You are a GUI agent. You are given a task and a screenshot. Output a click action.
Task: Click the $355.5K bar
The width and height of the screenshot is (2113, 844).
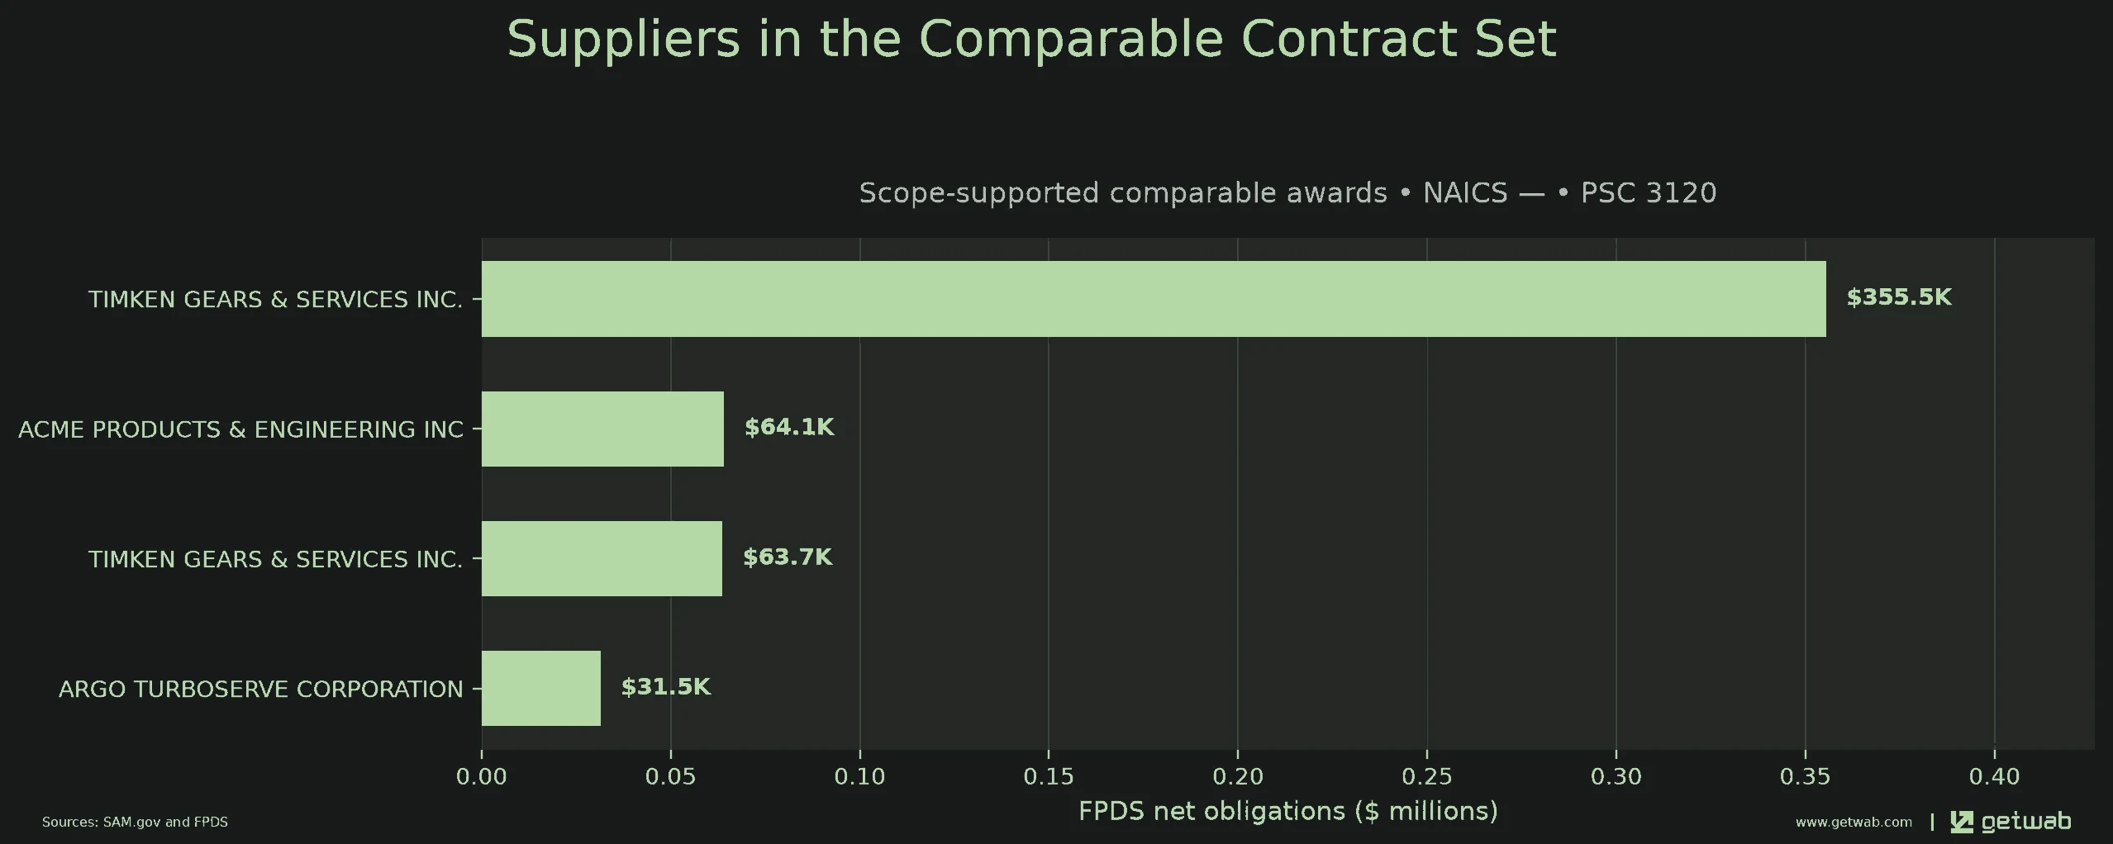pos(1154,299)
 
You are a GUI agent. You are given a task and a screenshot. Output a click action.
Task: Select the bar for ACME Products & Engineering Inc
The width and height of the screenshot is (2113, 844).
pos(602,429)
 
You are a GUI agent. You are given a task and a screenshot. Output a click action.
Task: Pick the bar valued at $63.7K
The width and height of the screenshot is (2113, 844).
pos(602,558)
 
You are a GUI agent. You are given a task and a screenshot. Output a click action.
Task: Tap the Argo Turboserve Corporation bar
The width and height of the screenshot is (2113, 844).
pos(541,688)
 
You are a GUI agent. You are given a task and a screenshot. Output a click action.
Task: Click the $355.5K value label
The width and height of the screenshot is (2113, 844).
pos(1899,297)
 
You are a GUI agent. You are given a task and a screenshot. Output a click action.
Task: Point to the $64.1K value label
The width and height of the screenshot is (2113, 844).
pos(789,427)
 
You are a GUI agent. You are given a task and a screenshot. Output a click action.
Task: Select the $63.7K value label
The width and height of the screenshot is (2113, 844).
pos(788,557)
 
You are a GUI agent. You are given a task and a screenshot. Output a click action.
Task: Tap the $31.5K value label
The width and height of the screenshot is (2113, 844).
pos(666,686)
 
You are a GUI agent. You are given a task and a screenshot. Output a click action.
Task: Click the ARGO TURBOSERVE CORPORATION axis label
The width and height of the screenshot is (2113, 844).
pos(261,689)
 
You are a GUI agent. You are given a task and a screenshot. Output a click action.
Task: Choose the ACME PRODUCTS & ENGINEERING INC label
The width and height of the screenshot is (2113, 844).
pos(241,429)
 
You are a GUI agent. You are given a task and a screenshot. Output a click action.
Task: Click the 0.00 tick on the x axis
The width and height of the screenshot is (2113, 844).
pos(482,776)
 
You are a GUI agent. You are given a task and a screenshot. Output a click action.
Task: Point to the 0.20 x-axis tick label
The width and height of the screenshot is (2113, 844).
pos(1238,776)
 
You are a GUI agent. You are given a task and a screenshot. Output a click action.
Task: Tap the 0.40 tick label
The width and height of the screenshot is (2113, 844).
pos(1994,776)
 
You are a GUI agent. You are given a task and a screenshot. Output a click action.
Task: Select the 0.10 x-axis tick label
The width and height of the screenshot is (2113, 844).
pos(859,776)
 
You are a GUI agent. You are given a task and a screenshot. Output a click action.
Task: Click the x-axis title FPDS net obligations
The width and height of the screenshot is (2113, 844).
pos(1287,811)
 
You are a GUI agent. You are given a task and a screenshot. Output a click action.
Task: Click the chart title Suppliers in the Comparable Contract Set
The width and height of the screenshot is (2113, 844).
pos(1031,39)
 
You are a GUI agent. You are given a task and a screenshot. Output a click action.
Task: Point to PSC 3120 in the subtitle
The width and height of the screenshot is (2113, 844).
pos(1649,192)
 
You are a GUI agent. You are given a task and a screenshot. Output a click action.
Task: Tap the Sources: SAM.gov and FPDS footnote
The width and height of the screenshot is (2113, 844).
pos(135,822)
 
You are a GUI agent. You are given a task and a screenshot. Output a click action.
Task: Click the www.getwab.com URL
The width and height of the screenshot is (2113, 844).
pos(1854,822)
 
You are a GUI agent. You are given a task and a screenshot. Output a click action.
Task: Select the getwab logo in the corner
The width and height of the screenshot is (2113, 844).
pos(2011,822)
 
